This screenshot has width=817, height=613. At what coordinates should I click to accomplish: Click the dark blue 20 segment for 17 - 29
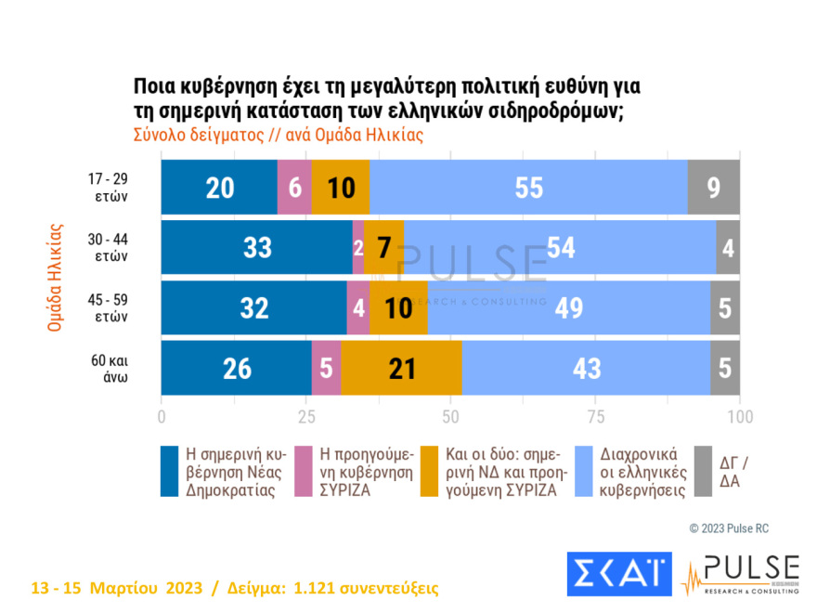tap(219, 187)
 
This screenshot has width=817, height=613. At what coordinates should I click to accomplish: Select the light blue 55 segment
tap(527, 187)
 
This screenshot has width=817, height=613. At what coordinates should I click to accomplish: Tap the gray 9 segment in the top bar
tap(713, 187)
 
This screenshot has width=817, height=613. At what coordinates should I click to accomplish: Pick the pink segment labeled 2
tap(358, 248)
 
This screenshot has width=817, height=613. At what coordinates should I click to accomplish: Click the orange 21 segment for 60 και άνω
tap(401, 369)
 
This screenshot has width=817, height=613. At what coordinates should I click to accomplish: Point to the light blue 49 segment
tap(569, 308)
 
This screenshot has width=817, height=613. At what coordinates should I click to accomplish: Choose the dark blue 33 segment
tap(256, 248)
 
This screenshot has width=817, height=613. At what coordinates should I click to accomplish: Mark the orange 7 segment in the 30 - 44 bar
tap(384, 248)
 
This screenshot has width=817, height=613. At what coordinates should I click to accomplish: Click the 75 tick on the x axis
tap(596, 415)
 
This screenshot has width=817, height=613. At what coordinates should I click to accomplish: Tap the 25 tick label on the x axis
tap(306, 415)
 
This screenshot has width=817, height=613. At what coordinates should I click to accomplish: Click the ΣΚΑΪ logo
tap(619, 574)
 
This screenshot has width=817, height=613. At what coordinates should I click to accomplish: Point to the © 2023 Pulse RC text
tap(729, 528)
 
